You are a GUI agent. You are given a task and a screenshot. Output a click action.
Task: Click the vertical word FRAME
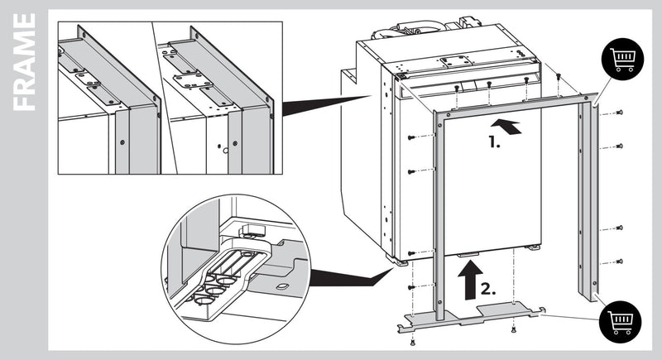coord(25,62)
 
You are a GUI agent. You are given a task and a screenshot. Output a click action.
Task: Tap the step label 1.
coord(495,142)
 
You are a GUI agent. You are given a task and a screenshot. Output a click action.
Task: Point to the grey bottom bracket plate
coord(472,316)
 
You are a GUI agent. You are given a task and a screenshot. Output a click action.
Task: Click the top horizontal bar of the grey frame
coord(513,104)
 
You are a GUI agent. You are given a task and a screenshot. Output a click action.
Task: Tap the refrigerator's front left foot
coord(402,263)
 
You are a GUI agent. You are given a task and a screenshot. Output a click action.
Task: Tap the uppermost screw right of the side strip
coord(620,113)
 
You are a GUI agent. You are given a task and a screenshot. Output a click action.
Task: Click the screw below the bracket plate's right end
coord(513,329)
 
